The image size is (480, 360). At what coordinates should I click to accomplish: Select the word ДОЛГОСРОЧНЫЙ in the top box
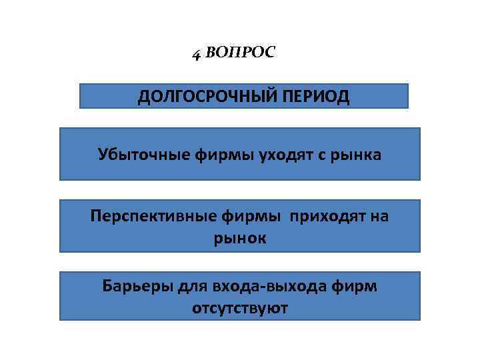(207, 97)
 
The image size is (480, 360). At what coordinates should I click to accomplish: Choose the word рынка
(357, 155)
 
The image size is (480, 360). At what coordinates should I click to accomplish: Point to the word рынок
(239, 238)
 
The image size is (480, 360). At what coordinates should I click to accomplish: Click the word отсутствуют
(239, 309)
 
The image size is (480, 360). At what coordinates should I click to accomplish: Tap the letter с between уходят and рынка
(319, 156)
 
